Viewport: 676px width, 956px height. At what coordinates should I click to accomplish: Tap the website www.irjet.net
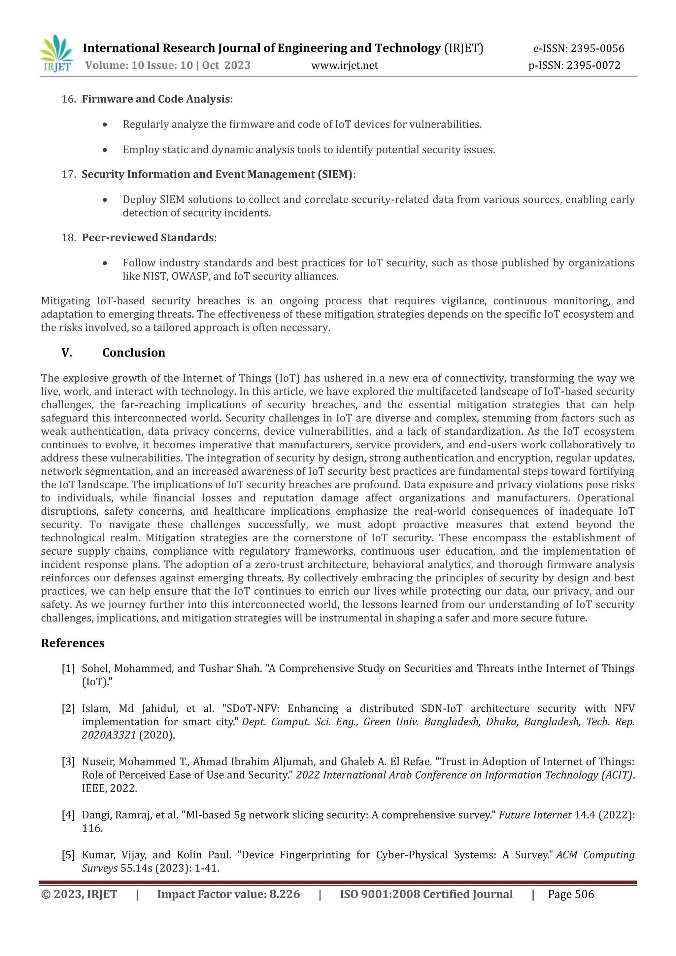(345, 65)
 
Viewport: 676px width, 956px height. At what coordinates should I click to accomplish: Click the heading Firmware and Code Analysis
(156, 99)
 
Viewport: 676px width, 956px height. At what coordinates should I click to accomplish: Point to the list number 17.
(68, 174)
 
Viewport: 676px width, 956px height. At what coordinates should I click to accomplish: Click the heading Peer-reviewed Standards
(148, 237)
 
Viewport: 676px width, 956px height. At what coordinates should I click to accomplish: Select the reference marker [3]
(68, 762)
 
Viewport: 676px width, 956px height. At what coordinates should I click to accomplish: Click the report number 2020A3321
(109, 735)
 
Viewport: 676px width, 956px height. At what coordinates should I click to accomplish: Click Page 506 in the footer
(571, 894)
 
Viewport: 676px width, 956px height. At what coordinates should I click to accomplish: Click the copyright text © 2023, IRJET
(79, 894)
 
